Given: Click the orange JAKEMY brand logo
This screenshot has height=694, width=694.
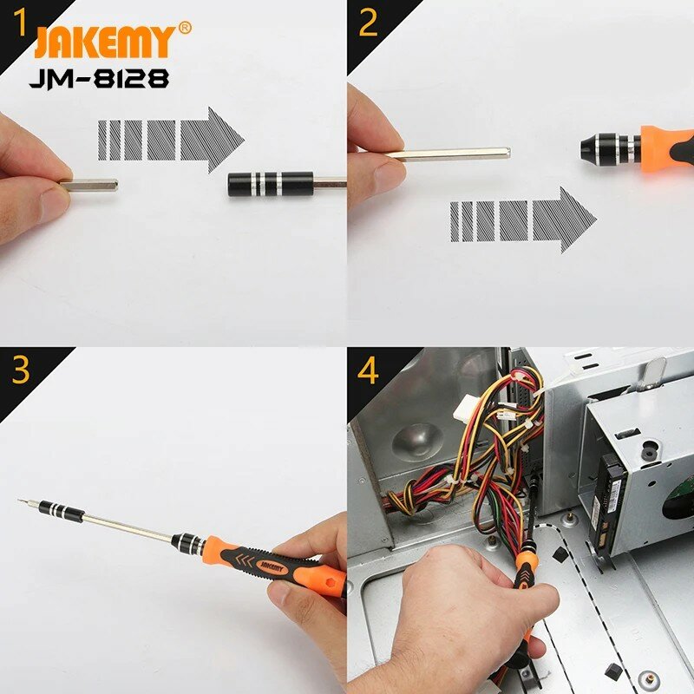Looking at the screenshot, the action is pos(105,41).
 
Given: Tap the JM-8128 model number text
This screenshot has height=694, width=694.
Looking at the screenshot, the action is pos(99,79).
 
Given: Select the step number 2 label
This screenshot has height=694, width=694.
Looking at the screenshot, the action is pos(368,23).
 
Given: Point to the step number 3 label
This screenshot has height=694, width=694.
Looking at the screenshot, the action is pos(21,370).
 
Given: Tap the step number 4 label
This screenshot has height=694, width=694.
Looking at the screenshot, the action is pos(368,370).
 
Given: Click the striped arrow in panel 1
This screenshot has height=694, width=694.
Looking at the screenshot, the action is pos(171,140).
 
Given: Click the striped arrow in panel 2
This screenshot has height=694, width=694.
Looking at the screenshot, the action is pos(523,220).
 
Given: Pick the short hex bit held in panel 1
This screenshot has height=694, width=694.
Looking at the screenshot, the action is pos(88,185).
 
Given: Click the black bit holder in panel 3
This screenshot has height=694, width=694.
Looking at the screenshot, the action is pos(62,511).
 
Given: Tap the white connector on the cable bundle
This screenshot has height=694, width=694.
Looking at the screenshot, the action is pos(466,406).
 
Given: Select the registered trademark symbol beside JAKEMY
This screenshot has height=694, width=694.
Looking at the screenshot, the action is pos(185,28).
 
